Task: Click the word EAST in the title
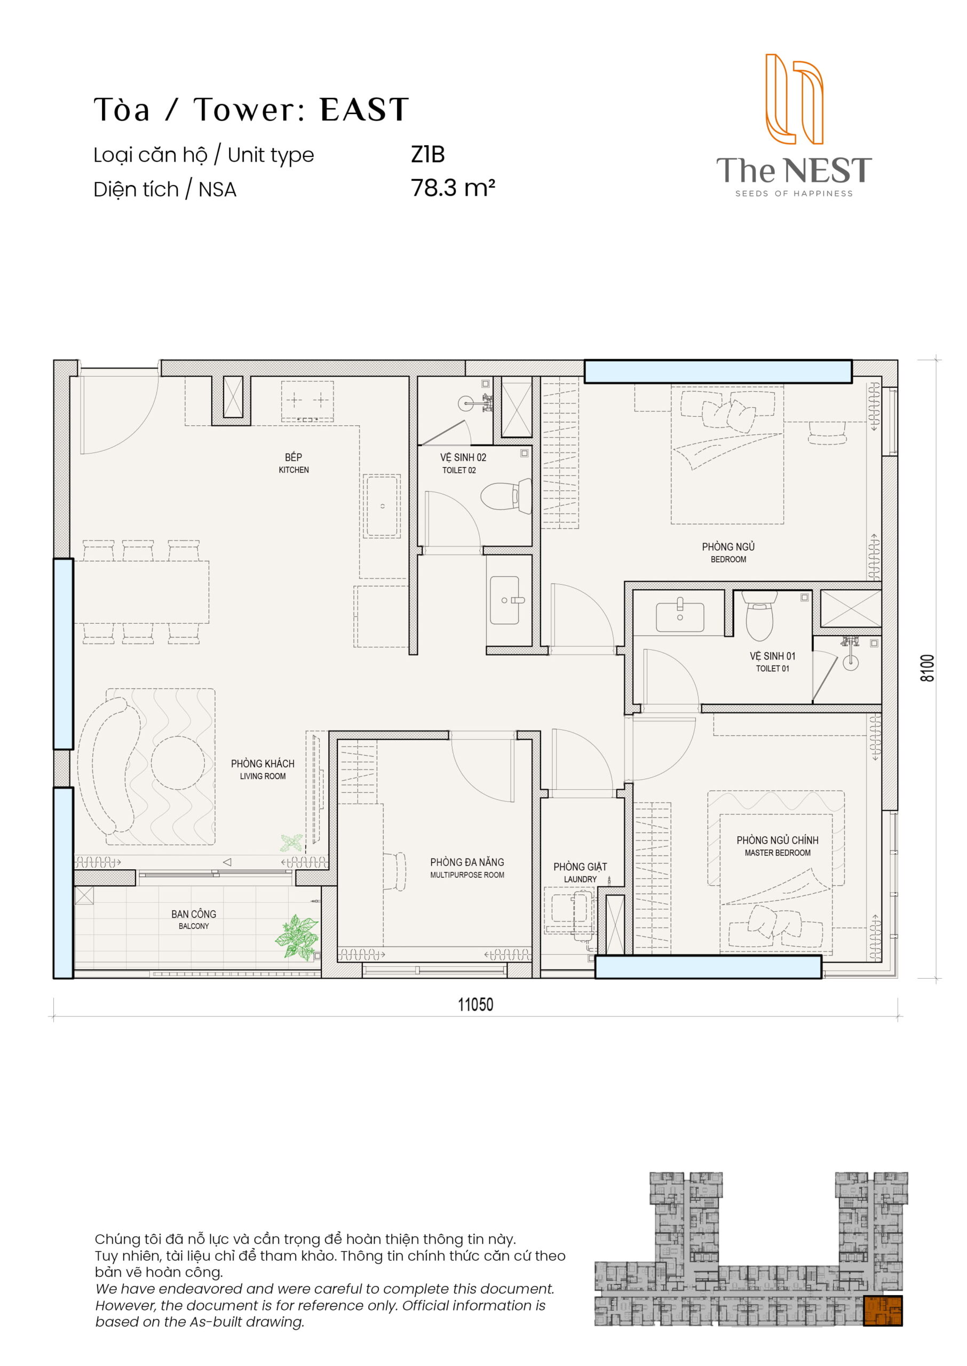coord(364,109)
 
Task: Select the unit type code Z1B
coord(427,155)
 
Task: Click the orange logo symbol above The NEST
coord(794,99)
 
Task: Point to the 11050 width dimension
coord(475,1005)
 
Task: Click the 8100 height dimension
coord(927,668)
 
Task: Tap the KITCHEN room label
coord(294,470)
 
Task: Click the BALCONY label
coord(194,926)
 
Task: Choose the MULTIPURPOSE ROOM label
coord(467,875)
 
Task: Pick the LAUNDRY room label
coord(580,879)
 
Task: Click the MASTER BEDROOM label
coord(777,853)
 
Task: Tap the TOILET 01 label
coord(772,669)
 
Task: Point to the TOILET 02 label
coord(459,470)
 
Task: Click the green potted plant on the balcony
coord(297,937)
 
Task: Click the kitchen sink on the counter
coord(382,506)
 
